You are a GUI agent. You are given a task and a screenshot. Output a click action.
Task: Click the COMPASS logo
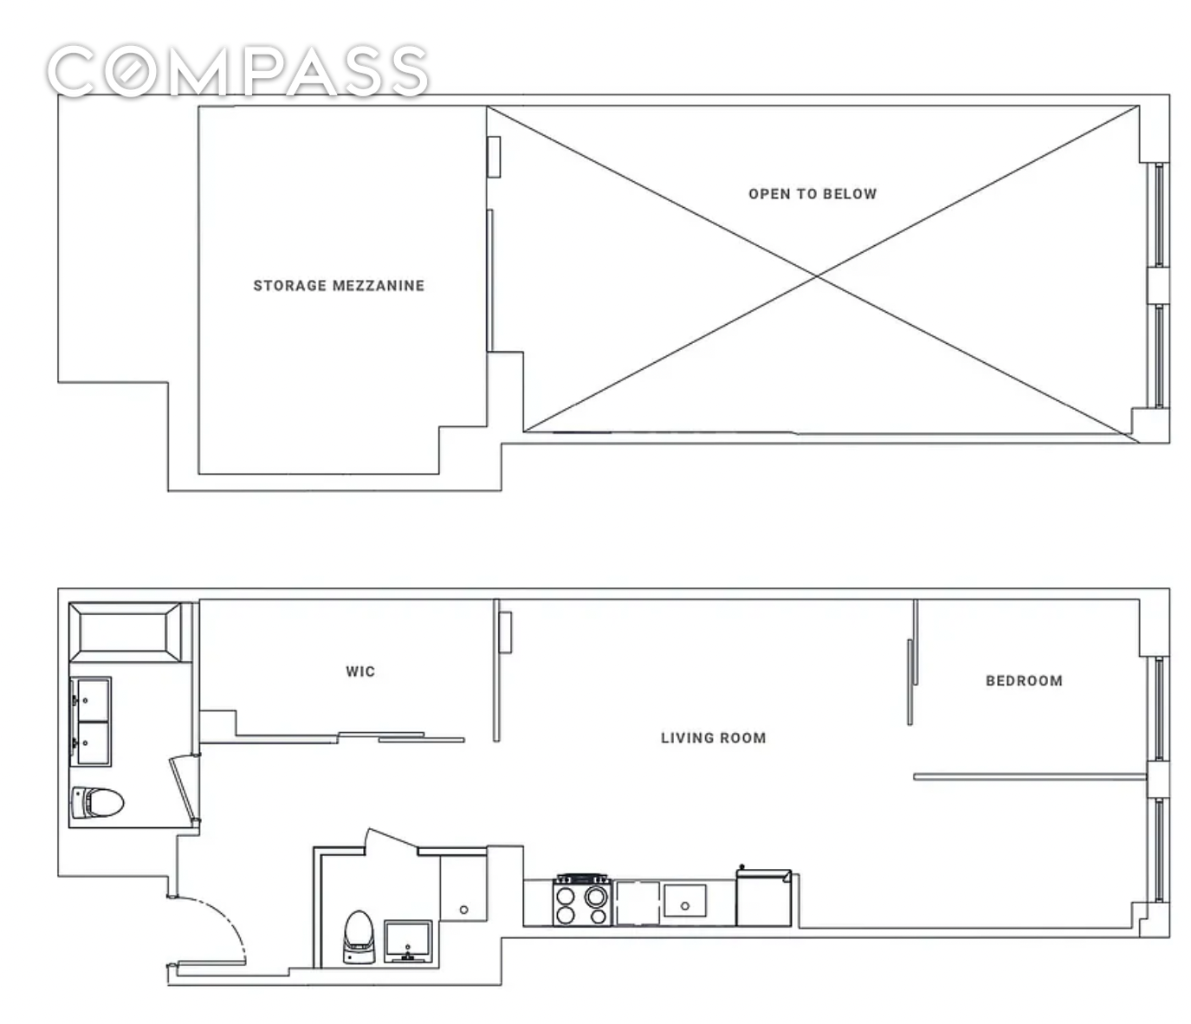(x=238, y=70)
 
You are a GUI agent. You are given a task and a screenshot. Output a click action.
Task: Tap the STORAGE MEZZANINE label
(x=339, y=286)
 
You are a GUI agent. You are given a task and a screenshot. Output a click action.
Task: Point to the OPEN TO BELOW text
(x=812, y=194)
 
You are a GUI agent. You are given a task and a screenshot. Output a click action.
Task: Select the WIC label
(x=360, y=671)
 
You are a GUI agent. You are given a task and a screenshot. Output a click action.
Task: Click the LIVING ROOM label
(x=714, y=737)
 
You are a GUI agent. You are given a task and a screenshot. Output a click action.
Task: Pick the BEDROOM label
(x=1024, y=681)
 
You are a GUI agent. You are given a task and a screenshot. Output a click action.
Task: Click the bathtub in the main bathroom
(x=125, y=632)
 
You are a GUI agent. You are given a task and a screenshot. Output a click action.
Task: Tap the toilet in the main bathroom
(x=97, y=802)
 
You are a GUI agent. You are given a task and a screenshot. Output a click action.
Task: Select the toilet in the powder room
(x=359, y=937)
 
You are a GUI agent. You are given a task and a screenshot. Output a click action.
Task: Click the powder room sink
(x=408, y=942)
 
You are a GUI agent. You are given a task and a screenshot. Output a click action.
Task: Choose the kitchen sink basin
(x=684, y=901)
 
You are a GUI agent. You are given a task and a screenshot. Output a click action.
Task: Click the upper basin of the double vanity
(x=93, y=700)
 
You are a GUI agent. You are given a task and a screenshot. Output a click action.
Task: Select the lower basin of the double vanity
(x=93, y=743)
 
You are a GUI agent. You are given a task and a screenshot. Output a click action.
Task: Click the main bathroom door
(x=184, y=787)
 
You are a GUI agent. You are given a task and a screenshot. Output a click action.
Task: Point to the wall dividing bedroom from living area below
(x=1030, y=777)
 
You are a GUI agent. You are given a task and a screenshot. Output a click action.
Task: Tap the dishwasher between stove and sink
(x=638, y=903)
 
